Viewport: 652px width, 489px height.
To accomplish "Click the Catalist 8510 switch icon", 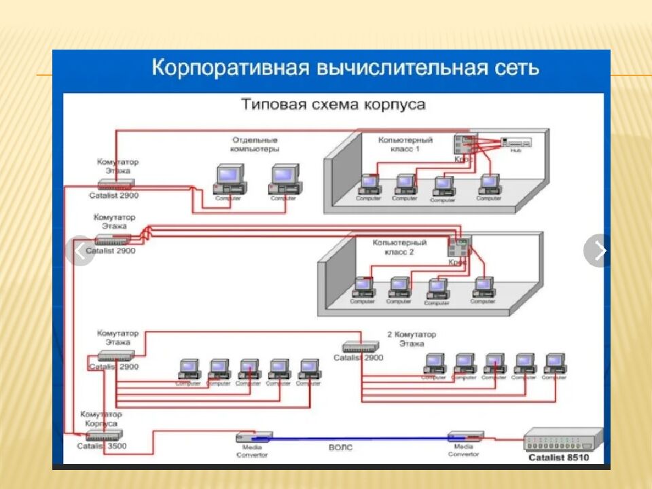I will [x=564, y=441].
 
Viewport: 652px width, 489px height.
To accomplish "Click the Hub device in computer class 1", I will [x=516, y=143].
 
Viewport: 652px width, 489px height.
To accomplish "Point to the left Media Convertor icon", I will [x=254, y=437].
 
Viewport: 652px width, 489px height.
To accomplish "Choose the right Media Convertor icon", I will [x=466, y=437].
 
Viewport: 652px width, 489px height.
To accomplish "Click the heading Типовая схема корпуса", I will [x=333, y=105].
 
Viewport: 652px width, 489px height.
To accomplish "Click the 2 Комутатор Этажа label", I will [x=411, y=339].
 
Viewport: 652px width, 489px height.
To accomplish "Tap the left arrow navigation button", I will [x=79, y=251].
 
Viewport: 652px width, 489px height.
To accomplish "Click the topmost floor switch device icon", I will [x=116, y=183].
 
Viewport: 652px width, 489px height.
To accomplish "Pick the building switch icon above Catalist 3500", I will [x=104, y=435].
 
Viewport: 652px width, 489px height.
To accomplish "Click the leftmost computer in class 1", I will [x=369, y=184].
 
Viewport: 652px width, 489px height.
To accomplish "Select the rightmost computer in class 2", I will [x=483, y=287].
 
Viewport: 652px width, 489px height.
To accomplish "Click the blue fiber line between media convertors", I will [x=353, y=439].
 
